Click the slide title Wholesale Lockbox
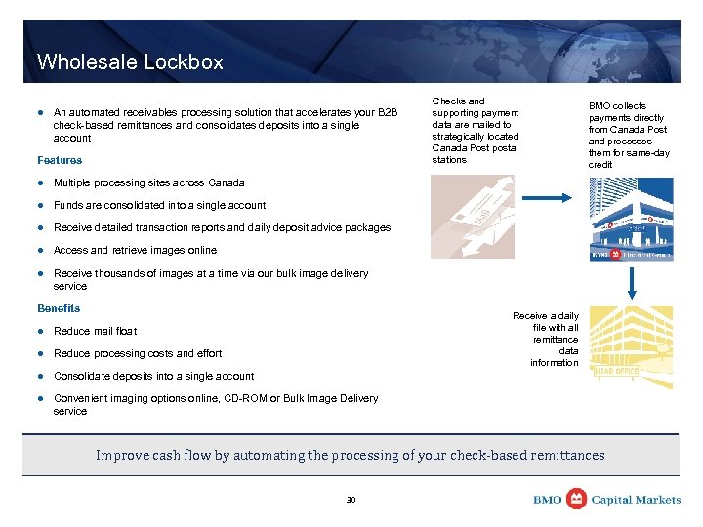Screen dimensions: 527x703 point(130,62)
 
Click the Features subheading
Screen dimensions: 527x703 point(60,160)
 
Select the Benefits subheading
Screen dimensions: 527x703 point(59,308)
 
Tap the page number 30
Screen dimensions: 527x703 point(351,500)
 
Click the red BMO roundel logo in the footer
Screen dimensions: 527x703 point(576,499)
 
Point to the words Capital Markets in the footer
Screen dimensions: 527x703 point(637,500)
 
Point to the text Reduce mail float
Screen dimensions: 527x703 point(95,331)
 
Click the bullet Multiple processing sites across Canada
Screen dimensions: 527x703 point(135,182)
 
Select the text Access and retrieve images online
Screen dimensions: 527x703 point(135,250)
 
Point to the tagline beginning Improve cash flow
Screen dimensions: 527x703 point(350,455)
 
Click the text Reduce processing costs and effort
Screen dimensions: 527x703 point(138,353)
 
